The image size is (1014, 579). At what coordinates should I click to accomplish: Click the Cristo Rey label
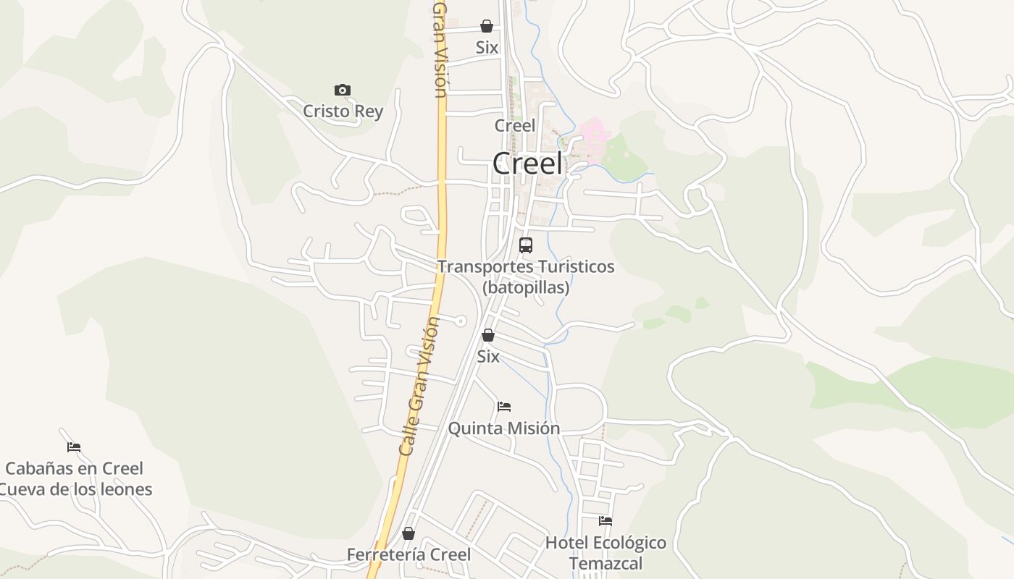[x=343, y=111]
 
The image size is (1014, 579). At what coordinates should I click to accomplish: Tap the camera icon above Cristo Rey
[x=343, y=90]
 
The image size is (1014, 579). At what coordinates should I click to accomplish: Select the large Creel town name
[x=527, y=164]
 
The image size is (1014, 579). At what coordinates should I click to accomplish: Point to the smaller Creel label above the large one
[x=515, y=126]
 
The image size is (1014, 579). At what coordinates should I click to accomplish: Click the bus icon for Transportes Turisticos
[x=526, y=245]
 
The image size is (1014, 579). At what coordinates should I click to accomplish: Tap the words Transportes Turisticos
[x=526, y=267]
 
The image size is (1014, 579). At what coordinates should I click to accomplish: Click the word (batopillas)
[x=526, y=287]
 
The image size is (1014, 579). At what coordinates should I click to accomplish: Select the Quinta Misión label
[x=504, y=428]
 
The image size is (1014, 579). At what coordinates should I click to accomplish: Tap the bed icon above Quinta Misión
[x=504, y=407]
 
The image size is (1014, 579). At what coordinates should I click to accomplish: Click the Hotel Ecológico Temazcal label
[x=606, y=552]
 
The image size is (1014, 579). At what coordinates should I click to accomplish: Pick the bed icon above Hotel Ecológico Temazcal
[x=606, y=521]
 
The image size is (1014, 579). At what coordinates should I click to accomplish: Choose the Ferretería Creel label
[x=408, y=555]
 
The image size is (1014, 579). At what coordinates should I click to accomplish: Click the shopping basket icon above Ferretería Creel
[x=408, y=534]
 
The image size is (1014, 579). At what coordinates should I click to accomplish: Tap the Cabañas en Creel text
[x=74, y=468]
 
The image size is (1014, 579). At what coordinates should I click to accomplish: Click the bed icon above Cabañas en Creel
[x=74, y=447]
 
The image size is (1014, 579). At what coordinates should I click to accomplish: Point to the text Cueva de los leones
[x=75, y=489]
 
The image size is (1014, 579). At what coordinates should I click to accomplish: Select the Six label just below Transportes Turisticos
[x=488, y=357]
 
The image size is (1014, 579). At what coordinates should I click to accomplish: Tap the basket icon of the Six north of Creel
[x=487, y=27]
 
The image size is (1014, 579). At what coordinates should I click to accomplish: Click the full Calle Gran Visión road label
[x=419, y=386]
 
